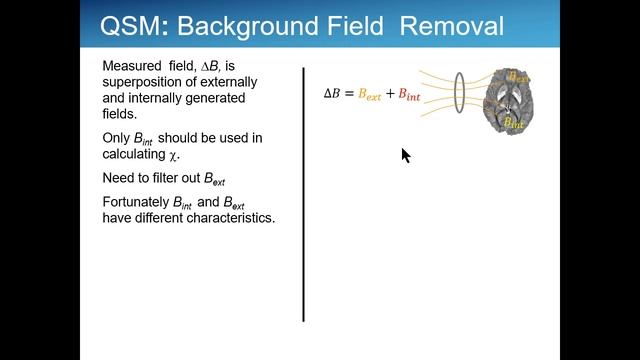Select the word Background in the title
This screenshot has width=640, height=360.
(254, 26)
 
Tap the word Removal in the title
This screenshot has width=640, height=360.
(453, 26)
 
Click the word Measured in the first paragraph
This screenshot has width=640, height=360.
(132, 65)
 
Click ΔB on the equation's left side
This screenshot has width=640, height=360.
(332, 94)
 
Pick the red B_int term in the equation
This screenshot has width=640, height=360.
(410, 95)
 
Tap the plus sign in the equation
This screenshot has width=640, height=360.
(390, 94)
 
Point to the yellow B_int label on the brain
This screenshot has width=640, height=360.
(514, 123)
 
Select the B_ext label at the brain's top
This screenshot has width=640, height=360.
(518, 75)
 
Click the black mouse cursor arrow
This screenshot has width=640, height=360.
(405, 155)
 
